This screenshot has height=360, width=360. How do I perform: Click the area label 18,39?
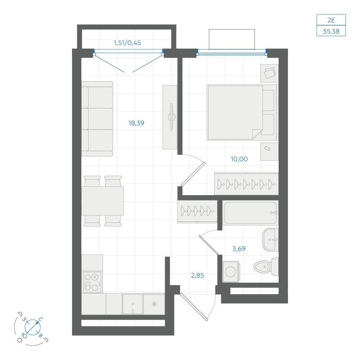coord(136,123)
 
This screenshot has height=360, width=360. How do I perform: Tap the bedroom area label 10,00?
coord(239,159)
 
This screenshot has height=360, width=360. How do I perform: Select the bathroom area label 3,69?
coord(239,248)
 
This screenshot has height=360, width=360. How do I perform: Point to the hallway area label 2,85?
coord(197,275)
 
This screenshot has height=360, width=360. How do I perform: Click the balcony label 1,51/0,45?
coord(127,43)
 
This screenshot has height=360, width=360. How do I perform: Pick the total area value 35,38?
coord(331,31)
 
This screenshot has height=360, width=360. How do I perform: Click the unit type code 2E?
coord(331,20)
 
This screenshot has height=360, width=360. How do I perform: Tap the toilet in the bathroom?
coord(266,266)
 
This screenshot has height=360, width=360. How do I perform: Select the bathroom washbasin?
coord(270,239)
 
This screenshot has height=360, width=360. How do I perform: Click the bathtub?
coord(251,213)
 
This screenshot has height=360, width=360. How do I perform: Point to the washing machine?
coord(231,272)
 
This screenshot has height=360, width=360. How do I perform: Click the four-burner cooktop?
coord(92,282)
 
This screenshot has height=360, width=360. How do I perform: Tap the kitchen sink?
coord(132,304)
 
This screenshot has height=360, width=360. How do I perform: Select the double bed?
coord(242,112)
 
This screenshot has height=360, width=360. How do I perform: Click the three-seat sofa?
coord(97,119)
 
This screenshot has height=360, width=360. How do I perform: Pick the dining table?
coord(103,201)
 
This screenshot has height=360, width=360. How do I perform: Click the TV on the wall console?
coord(171,117)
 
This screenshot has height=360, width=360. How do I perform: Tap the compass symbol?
coord(33,327)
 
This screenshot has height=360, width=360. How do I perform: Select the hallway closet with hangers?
coord(197,211)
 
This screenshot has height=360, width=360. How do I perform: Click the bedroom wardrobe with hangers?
coord(246,184)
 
